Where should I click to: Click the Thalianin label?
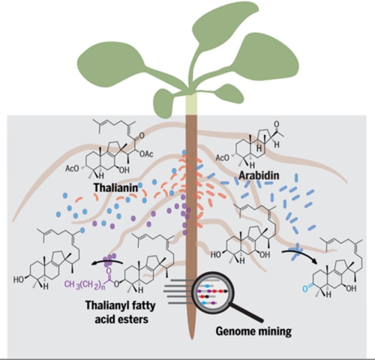click(115, 187)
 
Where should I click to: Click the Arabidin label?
click(259, 175)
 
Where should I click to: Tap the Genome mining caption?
click(253, 331)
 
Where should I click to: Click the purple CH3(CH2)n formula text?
click(85, 285)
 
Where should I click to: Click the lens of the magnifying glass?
click(212, 292)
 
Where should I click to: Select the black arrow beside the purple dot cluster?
click(107, 262)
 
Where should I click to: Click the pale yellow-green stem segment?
click(191, 104)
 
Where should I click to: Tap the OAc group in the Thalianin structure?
click(146, 154)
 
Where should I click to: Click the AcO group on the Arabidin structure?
click(222, 158)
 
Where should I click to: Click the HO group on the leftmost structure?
click(19, 279)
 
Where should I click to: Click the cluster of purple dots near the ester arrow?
click(110, 259)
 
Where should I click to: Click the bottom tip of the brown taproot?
click(191, 339)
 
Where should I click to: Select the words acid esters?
click(121, 319)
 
